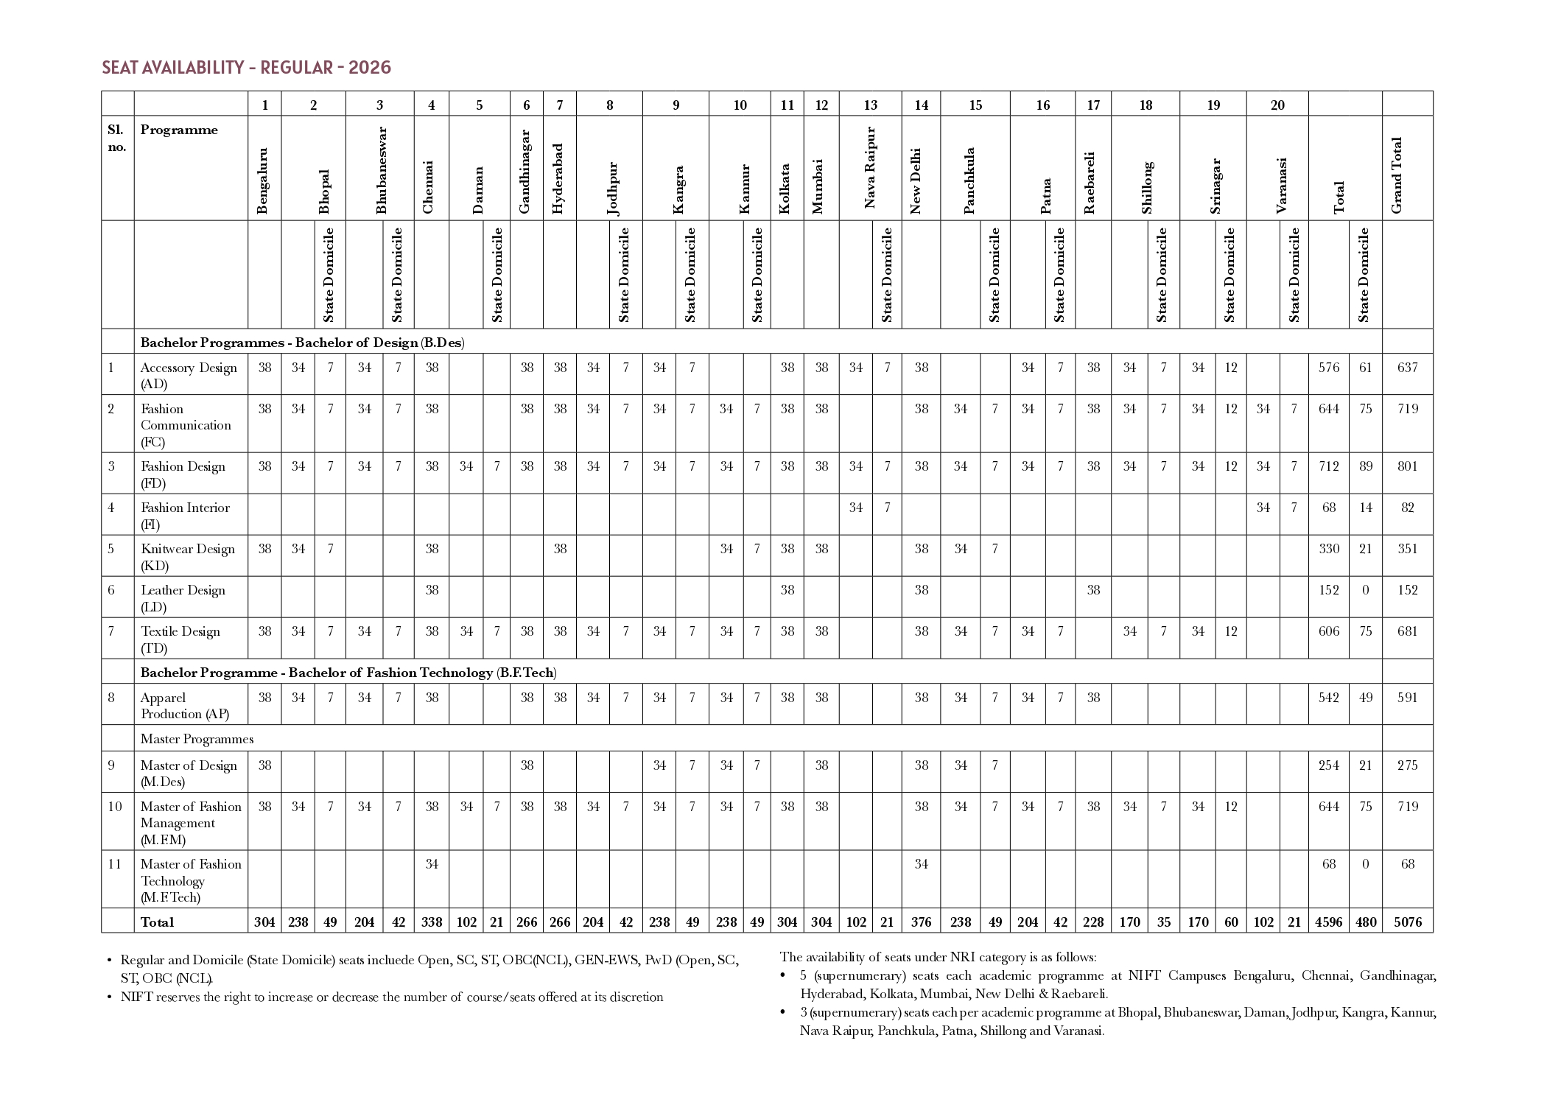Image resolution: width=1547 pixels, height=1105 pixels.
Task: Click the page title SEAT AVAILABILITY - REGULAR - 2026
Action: click(246, 68)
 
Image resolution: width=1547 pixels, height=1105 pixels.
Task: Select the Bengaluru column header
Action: click(263, 181)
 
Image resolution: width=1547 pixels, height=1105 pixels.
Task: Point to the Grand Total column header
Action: click(1397, 175)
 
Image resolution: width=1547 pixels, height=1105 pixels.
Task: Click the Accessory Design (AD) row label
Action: click(189, 376)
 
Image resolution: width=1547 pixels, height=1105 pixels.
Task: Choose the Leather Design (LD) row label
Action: click(183, 598)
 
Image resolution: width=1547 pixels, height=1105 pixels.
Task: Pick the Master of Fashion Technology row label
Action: click(191, 880)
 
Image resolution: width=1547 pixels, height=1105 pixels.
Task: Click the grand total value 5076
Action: click(1408, 922)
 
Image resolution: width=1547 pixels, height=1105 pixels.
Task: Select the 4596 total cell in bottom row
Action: click(1329, 922)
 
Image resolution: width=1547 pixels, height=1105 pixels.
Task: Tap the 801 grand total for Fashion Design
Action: click(1408, 466)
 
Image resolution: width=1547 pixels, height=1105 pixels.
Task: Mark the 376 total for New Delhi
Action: click(922, 922)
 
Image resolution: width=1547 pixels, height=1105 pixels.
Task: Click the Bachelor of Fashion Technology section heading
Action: click(348, 673)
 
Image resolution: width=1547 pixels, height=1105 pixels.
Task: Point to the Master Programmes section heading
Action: click(197, 739)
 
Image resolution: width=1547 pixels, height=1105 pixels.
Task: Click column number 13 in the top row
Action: click(871, 105)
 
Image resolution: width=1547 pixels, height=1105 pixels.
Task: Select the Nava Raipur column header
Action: click(870, 168)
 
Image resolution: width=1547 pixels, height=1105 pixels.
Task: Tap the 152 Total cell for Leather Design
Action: click(1329, 590)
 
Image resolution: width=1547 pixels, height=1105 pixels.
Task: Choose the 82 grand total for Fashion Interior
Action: click(1408, 508)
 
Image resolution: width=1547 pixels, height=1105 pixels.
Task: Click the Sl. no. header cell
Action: click(117, 138)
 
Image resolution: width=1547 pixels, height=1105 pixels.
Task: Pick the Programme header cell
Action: click(179, 130)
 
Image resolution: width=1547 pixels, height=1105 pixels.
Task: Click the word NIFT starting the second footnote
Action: click(136, 997)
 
